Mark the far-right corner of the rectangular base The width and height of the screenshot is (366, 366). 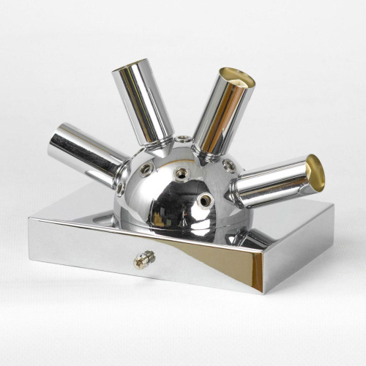[x=333, y=207]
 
